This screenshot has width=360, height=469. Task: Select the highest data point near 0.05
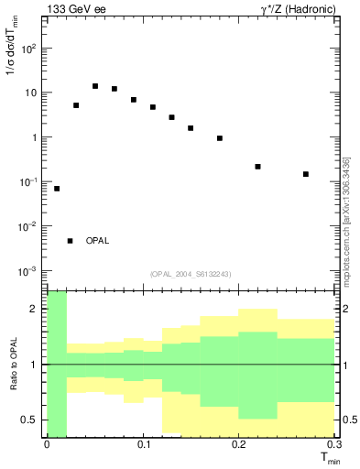95,86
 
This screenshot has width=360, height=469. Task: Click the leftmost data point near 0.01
57,189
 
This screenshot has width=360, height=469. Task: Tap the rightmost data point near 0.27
306,174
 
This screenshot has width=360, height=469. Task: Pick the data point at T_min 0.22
258,167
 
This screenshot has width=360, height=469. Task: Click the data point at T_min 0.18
220,138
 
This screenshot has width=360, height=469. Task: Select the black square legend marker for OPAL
70,241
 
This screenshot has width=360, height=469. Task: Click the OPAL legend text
97,241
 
